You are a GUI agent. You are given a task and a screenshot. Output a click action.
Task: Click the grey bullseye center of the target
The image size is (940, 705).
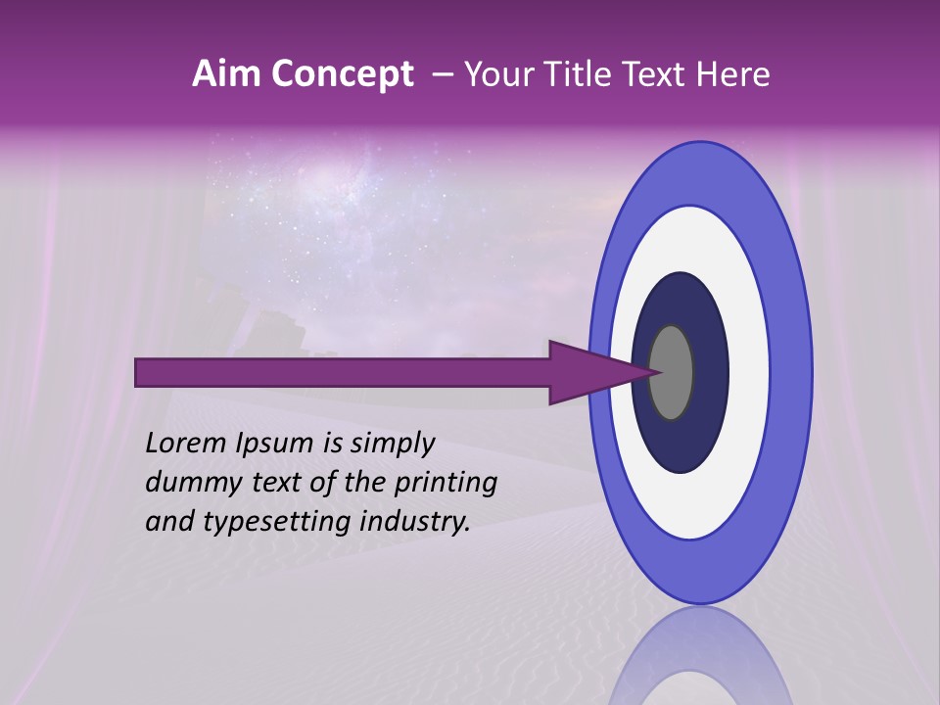click(671, 372)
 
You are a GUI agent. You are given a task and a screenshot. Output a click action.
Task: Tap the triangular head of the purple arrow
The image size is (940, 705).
click(587, 372)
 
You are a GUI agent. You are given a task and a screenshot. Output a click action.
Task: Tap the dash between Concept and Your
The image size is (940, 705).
click(443, 75)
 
